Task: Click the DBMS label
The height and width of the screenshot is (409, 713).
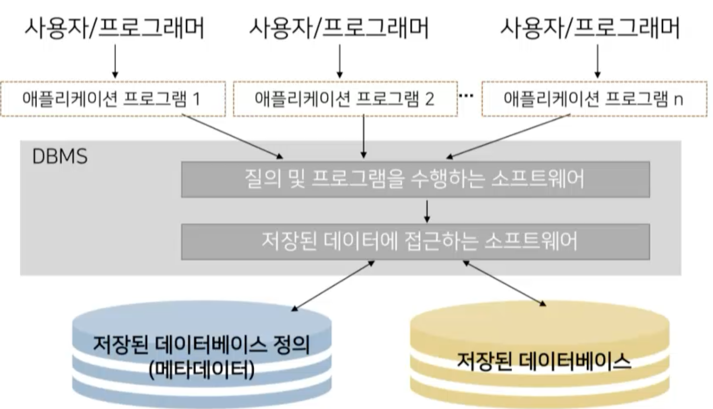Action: tap(60, 156)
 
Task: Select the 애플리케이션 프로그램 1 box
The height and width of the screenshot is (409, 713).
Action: tap(112, 99)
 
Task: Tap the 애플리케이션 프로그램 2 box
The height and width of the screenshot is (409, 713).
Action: tap(345, 99)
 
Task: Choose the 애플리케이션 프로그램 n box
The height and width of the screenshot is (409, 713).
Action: tap(594, 99)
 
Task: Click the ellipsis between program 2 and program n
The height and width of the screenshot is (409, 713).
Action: tap(466, 96)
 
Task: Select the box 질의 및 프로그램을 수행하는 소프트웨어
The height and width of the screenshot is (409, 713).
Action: tap(415, 179)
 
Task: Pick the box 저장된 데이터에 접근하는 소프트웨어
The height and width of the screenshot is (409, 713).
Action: tap(415, 241)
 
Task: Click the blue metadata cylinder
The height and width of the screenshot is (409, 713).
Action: tap(202, 355)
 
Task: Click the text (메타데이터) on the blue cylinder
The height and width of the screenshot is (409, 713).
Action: tap(202, 369)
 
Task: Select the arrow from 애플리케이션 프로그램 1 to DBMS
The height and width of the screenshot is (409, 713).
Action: tap(232, 136)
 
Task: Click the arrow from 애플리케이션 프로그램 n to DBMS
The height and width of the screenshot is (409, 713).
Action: tap(508, 136)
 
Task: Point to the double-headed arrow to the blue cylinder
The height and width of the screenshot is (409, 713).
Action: tap(333, 286)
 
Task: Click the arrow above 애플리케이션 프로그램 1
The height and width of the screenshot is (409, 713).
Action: tap(115, 61)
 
